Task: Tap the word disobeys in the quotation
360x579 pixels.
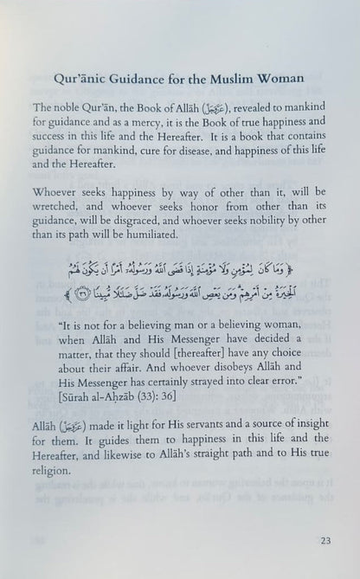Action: click(220, 373)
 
